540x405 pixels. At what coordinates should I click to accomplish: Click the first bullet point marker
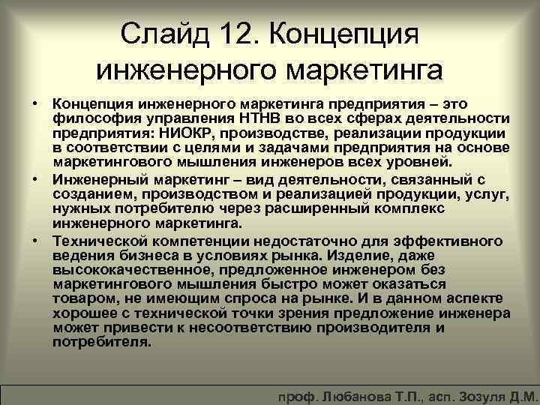36,101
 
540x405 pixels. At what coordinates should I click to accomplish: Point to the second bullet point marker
36,181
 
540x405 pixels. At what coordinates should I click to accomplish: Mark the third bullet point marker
36,241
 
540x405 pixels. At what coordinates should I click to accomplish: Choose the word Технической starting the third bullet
98,241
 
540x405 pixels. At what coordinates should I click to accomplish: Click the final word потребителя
102,341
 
